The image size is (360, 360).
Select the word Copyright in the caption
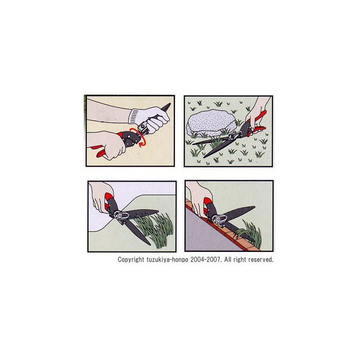pyautogui.click(x=131, y=260)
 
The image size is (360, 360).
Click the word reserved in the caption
pyautogui.click(x=261, y=260)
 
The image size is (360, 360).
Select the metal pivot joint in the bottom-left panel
pyautogui.click(x=120, y=216)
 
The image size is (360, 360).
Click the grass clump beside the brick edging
pyautogui.click(x=250, y=233)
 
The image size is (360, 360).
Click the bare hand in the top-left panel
pyautogui.click(x=108, y=144)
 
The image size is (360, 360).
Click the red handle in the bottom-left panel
pyautogui.click(x=109, y=201)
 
